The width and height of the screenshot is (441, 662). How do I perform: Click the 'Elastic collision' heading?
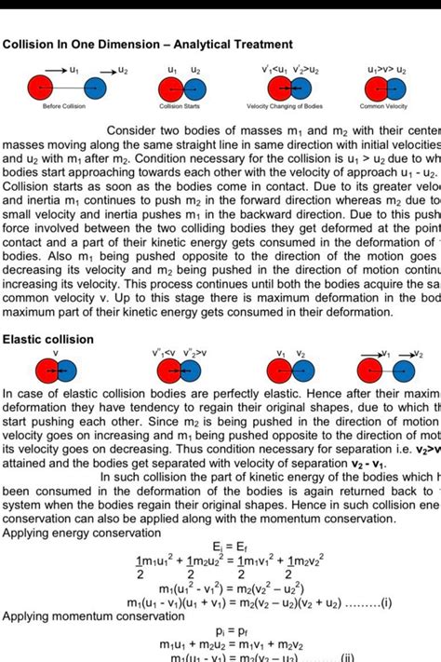click(x=48, y=340)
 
